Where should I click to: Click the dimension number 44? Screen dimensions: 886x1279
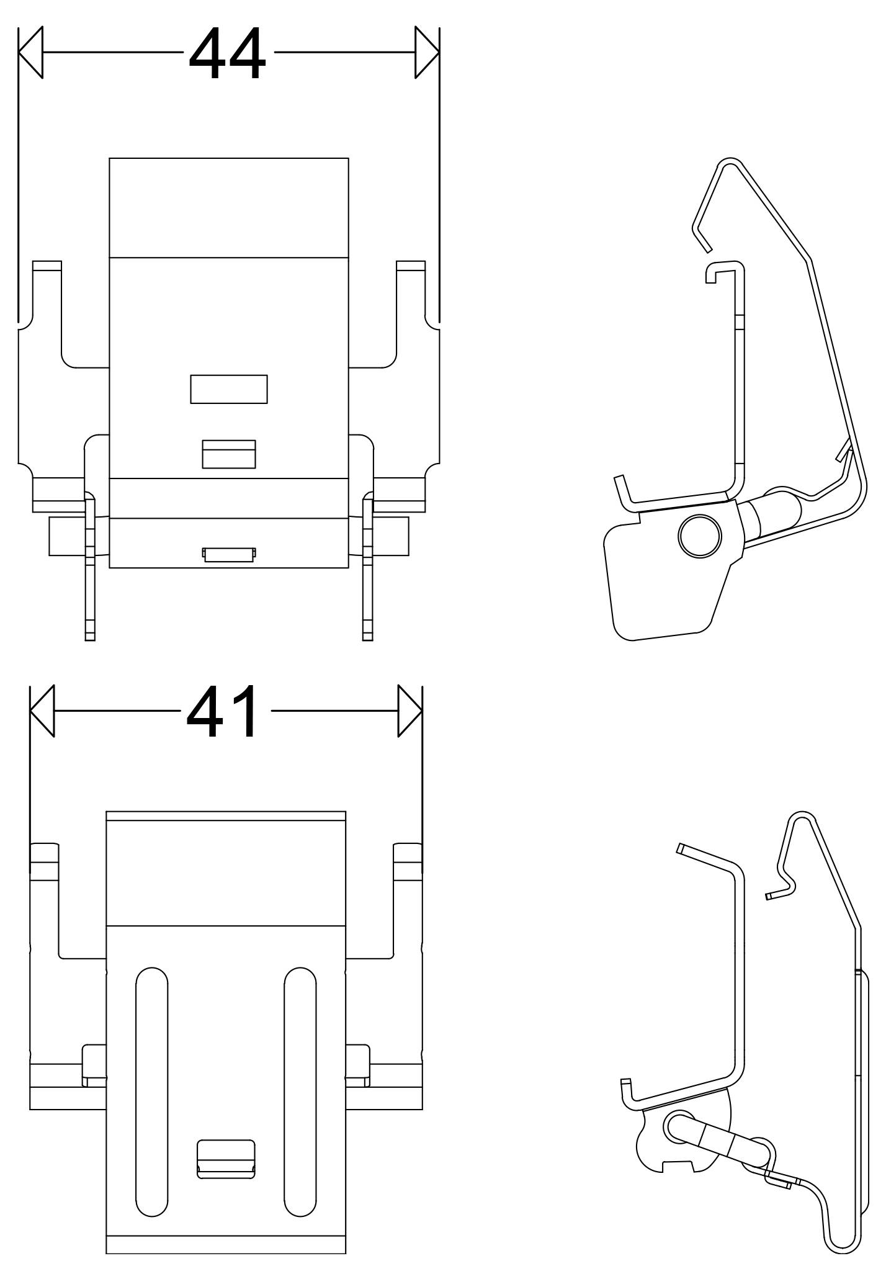(228, 53)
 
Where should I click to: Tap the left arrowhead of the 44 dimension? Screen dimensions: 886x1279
(31, 52)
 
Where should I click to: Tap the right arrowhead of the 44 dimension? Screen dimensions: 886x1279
(427, 52)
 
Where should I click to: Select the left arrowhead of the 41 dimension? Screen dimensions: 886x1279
(42, 711)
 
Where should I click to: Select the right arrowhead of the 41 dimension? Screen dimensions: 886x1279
(410, 711)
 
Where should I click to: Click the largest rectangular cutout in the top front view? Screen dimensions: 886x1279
(229, 389)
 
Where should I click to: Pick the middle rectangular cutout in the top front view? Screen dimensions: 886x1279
(229, 454)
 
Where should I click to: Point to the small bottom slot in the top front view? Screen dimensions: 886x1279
(229, 554)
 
